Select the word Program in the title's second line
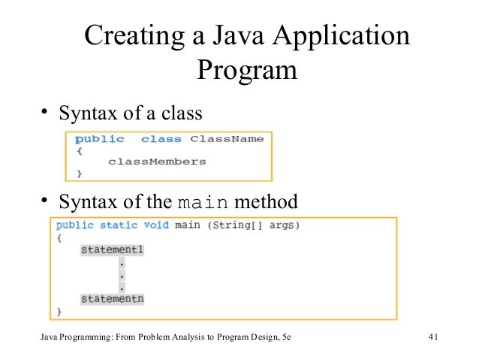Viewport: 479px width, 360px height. tap(247, 73)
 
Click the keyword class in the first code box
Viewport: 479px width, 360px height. tap(161, 139)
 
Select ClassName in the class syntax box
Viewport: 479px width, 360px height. tap(226, 139)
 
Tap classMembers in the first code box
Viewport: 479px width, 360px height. tap(156, 161)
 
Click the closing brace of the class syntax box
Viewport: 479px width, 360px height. tap(80, 173)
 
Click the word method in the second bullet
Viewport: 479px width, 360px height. tap(266, 202)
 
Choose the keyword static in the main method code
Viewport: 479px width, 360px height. tap(119, 225)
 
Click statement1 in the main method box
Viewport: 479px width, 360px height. tap(112, 250)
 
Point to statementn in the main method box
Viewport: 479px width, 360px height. tap(112, 298)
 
